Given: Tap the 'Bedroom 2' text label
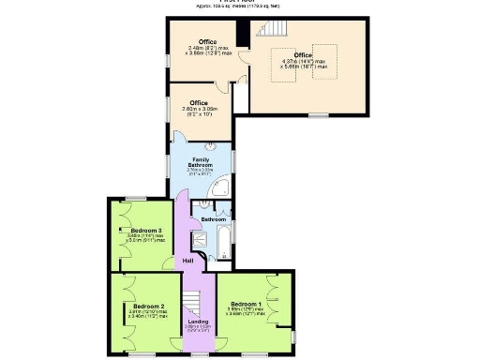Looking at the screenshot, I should pyautogui.click(x=148, y=307).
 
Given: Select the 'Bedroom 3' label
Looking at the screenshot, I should pyautogui.click(x=147, y=230).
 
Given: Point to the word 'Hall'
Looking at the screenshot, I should pyautogui.click(x=187, y=260).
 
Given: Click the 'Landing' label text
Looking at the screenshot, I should pyautogui.click(x=198, y=322).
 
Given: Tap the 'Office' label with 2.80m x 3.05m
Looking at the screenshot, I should pyautogui.click(x=199, y=102).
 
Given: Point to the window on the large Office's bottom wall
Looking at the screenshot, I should pyautogui.click(x=319, y=115).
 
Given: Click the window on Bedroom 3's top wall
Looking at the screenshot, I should pyautogui.click(x=137, y=198).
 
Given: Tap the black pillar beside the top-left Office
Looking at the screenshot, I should pyautogui.click(x=241, y=32).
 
